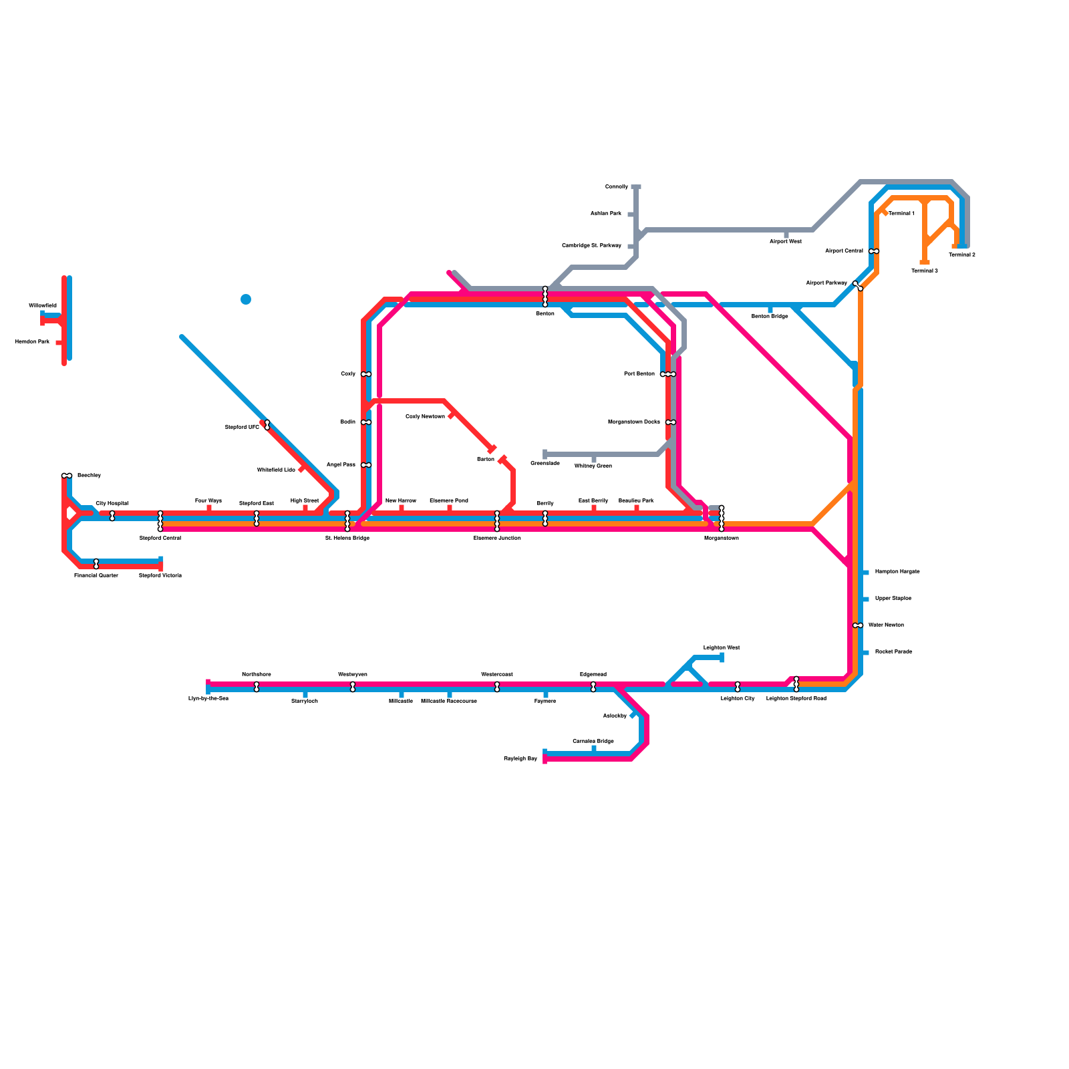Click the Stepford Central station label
coord(160,538)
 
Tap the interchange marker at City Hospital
coord(112,516)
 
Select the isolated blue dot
coord(246,299)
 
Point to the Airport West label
coord(786,241)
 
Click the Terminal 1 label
coord(901,213)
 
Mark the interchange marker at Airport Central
coord(874,251)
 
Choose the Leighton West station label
coord(722,647)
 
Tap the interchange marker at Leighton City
coord(738,687)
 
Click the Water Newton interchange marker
coord(858,625)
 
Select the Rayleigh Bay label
coord(520,759)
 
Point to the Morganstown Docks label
coord(634,422)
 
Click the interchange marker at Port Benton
coord(668,374)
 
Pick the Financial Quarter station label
coord(96,575)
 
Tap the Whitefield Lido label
coord(276,470)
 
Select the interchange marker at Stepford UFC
coord(267,425)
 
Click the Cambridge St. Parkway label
coord(591,246)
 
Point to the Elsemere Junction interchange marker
coord(497,521)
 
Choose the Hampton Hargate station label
coord(897,572)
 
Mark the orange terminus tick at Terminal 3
coord(925,263)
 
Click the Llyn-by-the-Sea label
coord(208,698)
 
